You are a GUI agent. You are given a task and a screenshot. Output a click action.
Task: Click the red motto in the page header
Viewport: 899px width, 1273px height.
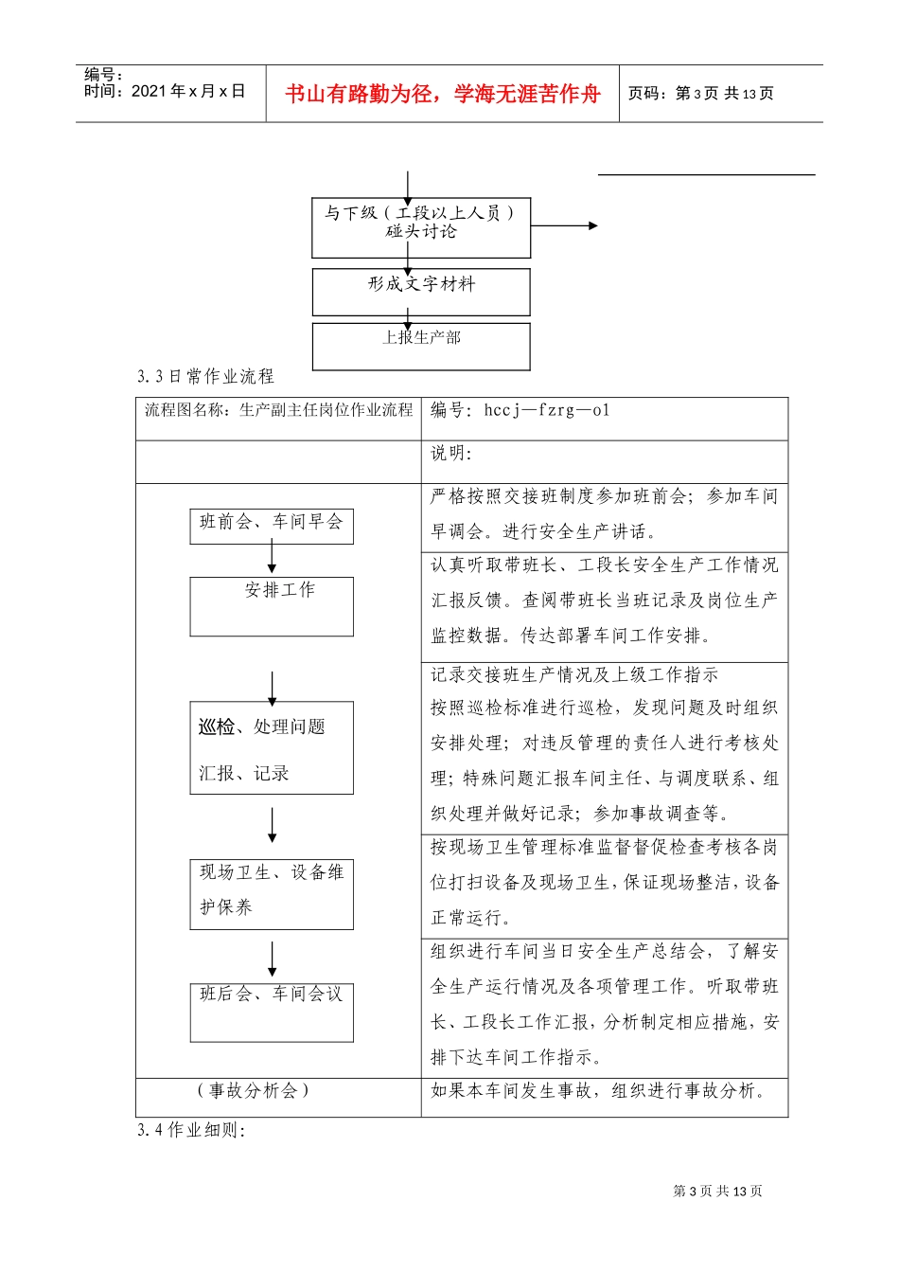(442, 94)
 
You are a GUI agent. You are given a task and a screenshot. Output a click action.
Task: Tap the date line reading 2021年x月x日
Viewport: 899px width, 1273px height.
(165, 92)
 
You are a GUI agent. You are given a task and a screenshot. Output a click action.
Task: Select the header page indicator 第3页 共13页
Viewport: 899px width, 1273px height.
(701, 94)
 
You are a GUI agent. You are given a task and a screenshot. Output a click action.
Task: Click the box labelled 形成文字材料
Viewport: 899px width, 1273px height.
(421, 292)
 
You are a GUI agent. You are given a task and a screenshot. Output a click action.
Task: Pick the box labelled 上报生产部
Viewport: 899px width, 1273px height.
(421, 347)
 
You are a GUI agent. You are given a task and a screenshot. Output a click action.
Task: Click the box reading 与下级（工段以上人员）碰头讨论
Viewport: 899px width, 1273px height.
(421, 227)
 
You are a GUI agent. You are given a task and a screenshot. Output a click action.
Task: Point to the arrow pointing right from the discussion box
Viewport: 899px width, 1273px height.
(564, 225)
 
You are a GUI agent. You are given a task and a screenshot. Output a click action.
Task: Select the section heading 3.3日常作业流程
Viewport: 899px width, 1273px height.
(205, 377)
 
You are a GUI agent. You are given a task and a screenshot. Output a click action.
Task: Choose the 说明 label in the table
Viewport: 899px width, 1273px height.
(451, 454)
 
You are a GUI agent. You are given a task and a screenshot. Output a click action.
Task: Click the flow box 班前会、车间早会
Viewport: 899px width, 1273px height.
(272, 524)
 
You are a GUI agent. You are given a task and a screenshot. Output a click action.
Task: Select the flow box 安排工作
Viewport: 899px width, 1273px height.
(272, 605)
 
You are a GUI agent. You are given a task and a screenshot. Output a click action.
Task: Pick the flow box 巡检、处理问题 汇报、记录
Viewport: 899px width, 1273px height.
(272, 747)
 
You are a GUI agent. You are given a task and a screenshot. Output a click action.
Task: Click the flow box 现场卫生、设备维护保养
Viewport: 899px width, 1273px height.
(272, 893)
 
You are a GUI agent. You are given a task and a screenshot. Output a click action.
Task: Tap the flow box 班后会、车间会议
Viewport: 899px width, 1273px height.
(272, 1011)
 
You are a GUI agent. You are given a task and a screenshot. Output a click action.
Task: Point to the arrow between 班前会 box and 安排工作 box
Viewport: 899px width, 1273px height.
(272, 558)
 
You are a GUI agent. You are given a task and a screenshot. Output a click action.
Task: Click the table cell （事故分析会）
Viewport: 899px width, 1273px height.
(254, 1091)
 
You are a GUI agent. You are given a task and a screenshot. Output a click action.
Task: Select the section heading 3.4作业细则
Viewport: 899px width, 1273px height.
(191, 1130)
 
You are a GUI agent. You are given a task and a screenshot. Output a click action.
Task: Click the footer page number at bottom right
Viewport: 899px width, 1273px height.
(717, 1192)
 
